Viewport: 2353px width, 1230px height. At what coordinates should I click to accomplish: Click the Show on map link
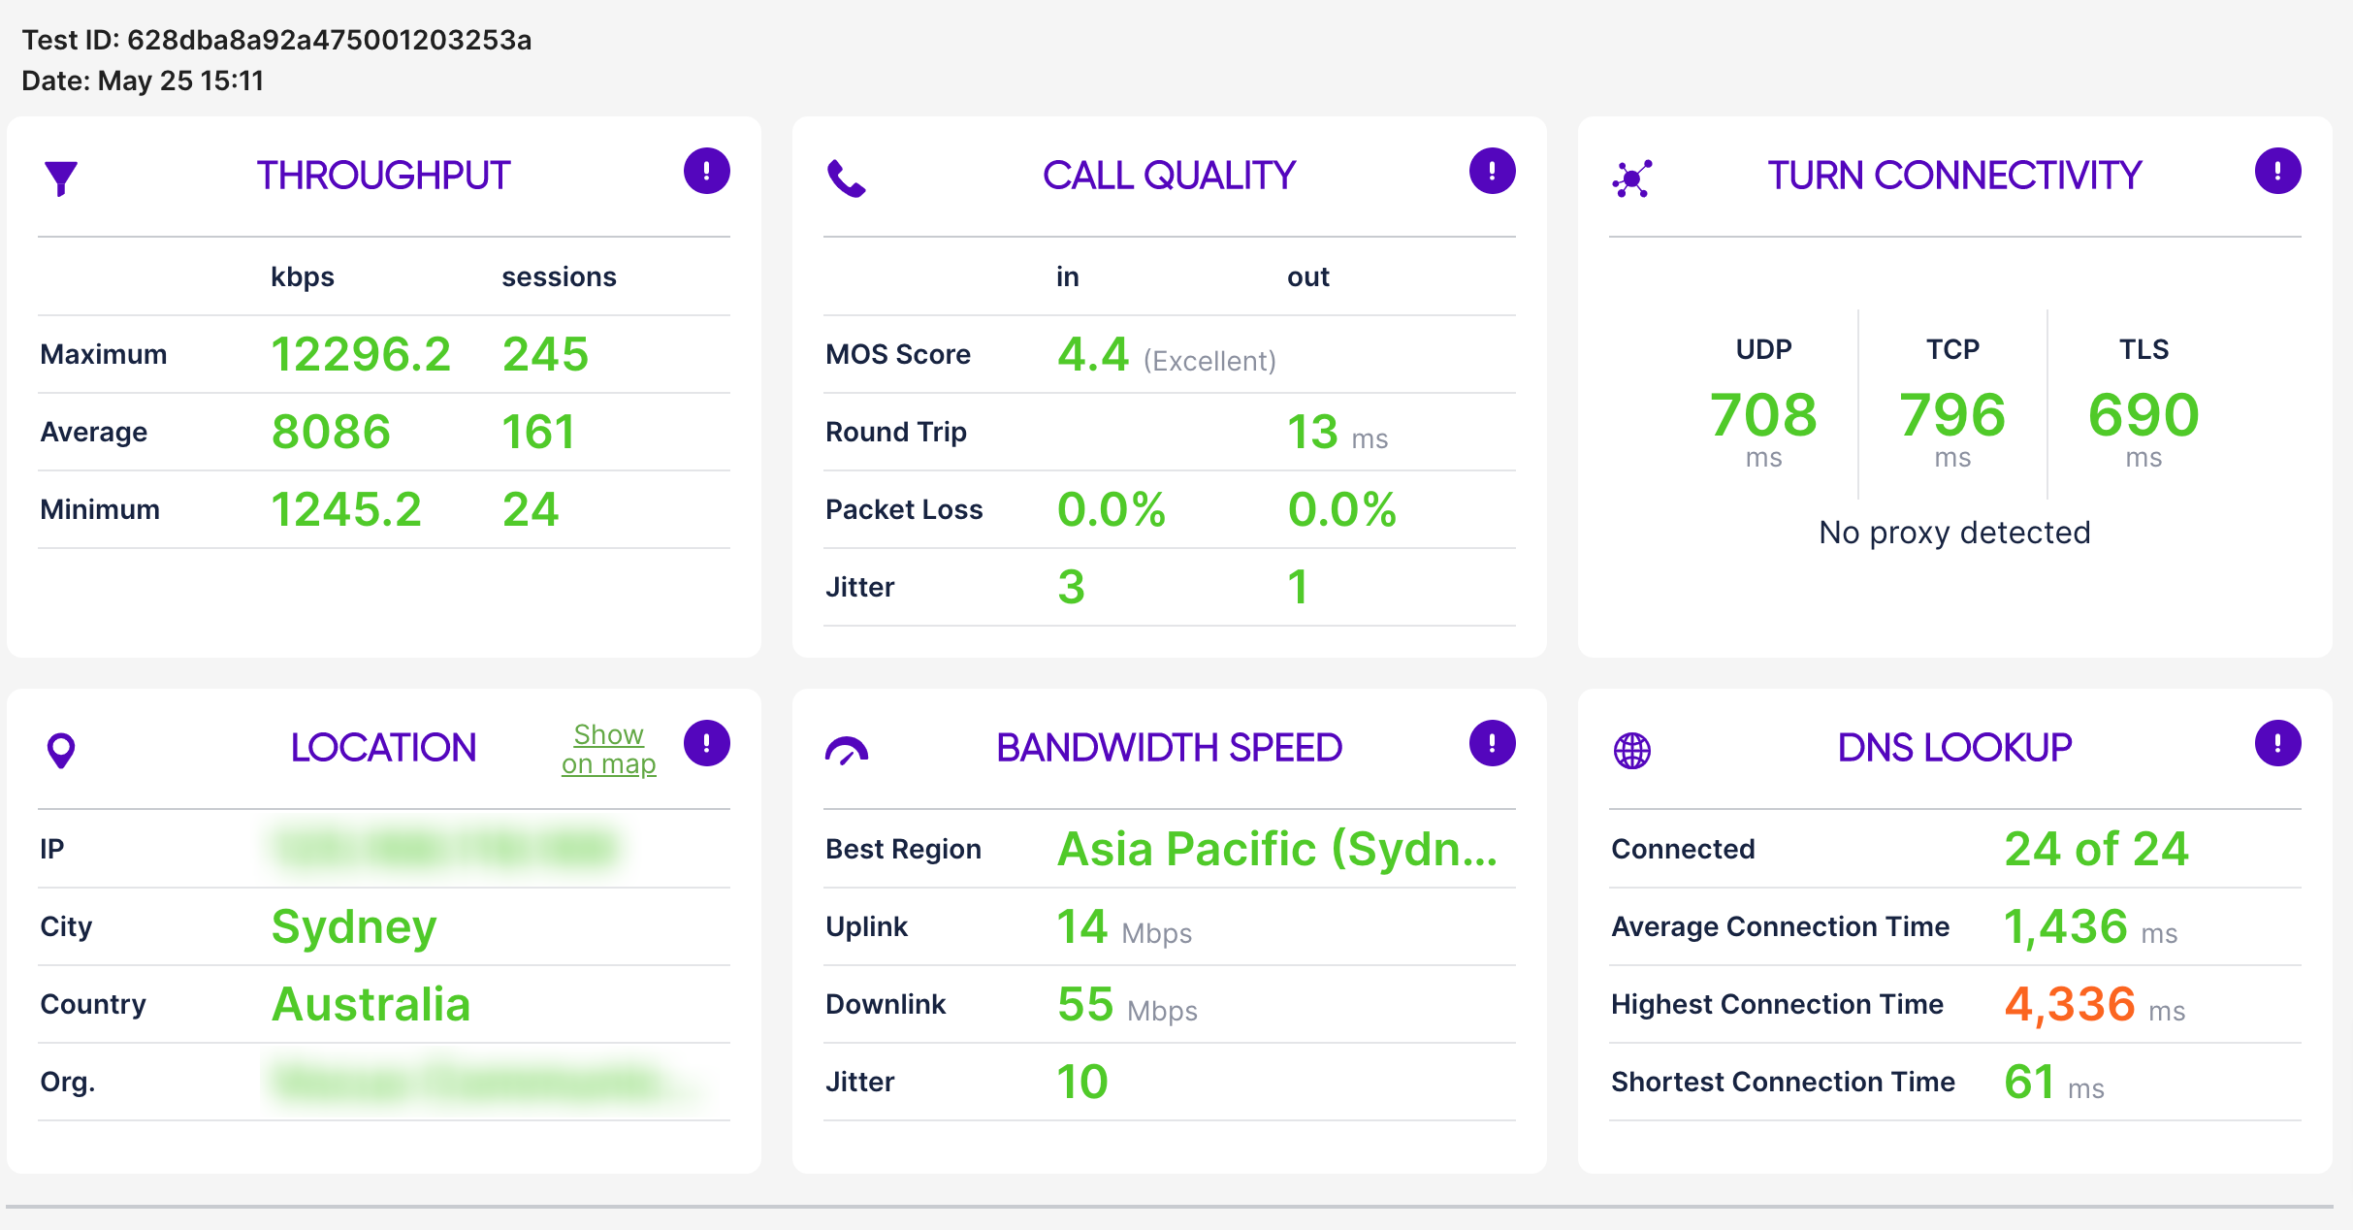[608, 749]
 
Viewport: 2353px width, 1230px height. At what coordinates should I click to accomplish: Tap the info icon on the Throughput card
[706, 171]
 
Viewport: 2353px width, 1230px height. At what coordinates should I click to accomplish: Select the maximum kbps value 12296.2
[361, 354]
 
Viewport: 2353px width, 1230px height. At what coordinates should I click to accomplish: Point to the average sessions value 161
[538, 432]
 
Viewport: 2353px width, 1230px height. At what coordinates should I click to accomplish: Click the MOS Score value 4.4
[1093, 354]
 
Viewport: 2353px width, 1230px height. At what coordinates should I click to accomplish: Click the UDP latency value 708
[1762, 415]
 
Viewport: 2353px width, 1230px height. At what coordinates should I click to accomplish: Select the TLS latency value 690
[2143, 415]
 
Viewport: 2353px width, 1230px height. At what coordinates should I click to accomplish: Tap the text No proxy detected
[1954, 533]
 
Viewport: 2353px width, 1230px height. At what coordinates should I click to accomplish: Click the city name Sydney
[354, 926]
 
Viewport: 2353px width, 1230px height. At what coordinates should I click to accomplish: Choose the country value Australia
[371, 1004]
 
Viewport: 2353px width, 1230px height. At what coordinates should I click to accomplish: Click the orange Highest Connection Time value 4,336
[2070, 1004]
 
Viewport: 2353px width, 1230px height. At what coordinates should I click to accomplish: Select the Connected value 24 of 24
[2096, 849]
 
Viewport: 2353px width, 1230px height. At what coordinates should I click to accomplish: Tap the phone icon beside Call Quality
[846, 178]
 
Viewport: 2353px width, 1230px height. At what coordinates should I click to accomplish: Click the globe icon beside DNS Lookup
[1631, 750]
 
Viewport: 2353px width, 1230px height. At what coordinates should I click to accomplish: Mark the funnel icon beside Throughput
[61, 178]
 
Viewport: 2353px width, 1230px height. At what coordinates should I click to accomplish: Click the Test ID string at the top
[276, 40]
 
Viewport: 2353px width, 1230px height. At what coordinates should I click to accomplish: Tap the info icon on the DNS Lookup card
[2277, 743]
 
